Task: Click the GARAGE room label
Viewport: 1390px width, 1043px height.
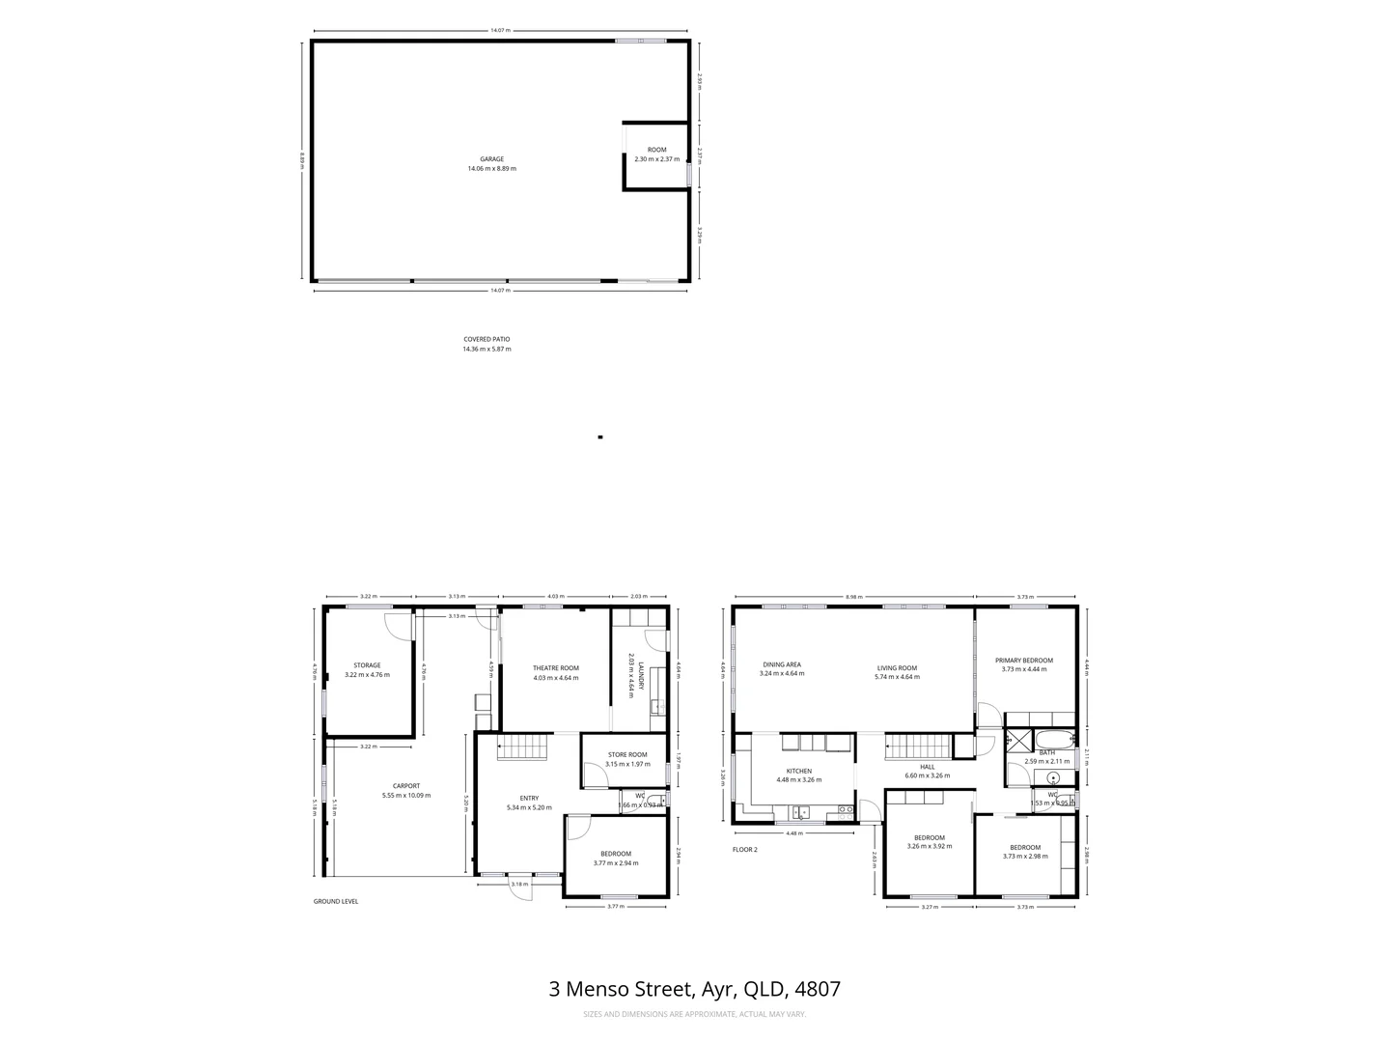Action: pos(491,159)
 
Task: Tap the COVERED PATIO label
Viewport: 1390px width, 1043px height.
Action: pos(486,340)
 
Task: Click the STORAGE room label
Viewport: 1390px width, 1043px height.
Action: pos(367,665)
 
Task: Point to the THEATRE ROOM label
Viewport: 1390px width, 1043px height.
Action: pos(555,668)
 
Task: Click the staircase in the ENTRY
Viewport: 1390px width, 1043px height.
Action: pos(523,747)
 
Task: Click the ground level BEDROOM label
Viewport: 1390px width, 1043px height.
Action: pos(616,854)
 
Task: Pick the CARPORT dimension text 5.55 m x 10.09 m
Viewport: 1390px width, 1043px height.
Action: pos(405,796)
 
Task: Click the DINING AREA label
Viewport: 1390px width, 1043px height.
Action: pos(782,664)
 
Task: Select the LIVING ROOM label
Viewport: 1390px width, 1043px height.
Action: pos(897,668)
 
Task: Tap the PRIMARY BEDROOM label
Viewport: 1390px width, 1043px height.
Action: pos(1024,661)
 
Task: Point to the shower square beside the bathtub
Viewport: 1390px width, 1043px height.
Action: pos(1018,742)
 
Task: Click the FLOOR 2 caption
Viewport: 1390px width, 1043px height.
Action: pos(745,850)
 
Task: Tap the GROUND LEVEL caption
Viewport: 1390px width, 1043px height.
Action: pos(336,901)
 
